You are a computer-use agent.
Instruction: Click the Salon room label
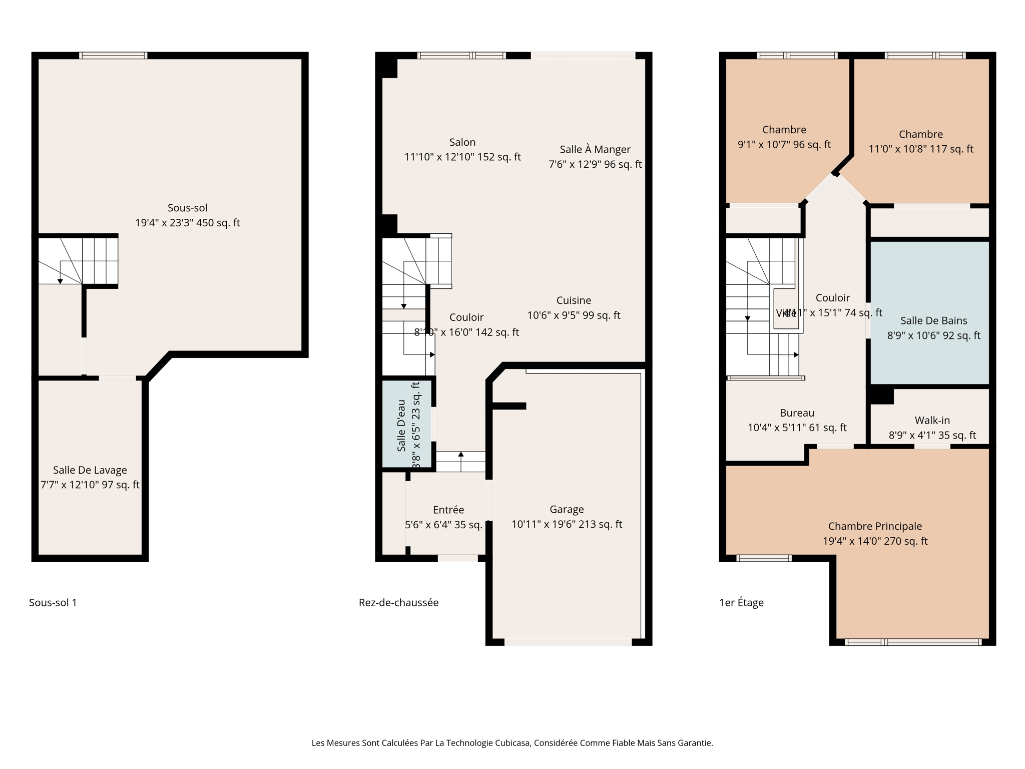click(462, 142)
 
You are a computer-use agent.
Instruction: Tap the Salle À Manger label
click(595, 149)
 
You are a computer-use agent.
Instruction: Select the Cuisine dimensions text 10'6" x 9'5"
click(574, 315)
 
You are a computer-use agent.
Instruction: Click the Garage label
click(567, 509)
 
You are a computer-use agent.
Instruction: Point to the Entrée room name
click(448, 510)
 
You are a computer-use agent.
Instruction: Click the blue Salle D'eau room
click(406, 425)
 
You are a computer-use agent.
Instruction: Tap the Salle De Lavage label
click(90, 470)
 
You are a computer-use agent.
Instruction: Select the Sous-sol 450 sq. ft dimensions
click(188, 223)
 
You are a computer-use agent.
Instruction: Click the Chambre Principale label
click(875, 526)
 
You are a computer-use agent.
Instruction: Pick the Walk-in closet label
click(932, 421)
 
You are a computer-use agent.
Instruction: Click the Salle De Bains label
click(933, 320)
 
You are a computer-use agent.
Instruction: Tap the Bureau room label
click(797, 413)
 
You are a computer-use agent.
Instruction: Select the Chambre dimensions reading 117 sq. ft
click(921, 149)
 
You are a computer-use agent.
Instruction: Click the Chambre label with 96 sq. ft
click(784, 130)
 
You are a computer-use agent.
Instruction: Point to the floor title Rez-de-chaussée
click(398, 603)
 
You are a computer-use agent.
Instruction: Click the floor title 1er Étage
click(741, 603)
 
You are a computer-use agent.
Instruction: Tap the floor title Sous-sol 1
click(53, 603)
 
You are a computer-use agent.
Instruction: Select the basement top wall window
click(113, 56)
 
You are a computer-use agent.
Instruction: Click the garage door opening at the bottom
click(568, 642)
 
